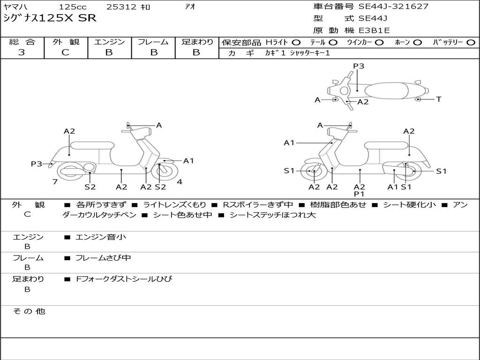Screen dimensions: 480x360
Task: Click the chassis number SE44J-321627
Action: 393,7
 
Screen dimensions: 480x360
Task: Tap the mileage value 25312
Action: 121,7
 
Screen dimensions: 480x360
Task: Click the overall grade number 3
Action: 22,52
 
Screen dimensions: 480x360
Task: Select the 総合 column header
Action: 22,42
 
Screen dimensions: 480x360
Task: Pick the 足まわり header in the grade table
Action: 197,42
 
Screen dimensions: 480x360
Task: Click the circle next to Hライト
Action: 296,42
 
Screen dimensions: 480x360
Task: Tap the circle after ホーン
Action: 418,42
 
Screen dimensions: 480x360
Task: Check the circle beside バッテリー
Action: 471,42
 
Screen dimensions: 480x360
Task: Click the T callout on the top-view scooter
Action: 439,99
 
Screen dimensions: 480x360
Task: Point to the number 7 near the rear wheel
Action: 55,182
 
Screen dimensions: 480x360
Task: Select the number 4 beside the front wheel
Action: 180,182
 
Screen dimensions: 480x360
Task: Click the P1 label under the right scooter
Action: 360,194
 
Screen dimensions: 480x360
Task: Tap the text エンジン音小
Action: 101,237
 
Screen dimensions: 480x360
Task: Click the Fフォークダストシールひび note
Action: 124,279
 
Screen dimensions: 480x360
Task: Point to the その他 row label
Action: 29,311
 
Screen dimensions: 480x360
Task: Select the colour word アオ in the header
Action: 189,7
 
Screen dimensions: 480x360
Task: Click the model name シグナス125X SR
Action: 50,18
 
